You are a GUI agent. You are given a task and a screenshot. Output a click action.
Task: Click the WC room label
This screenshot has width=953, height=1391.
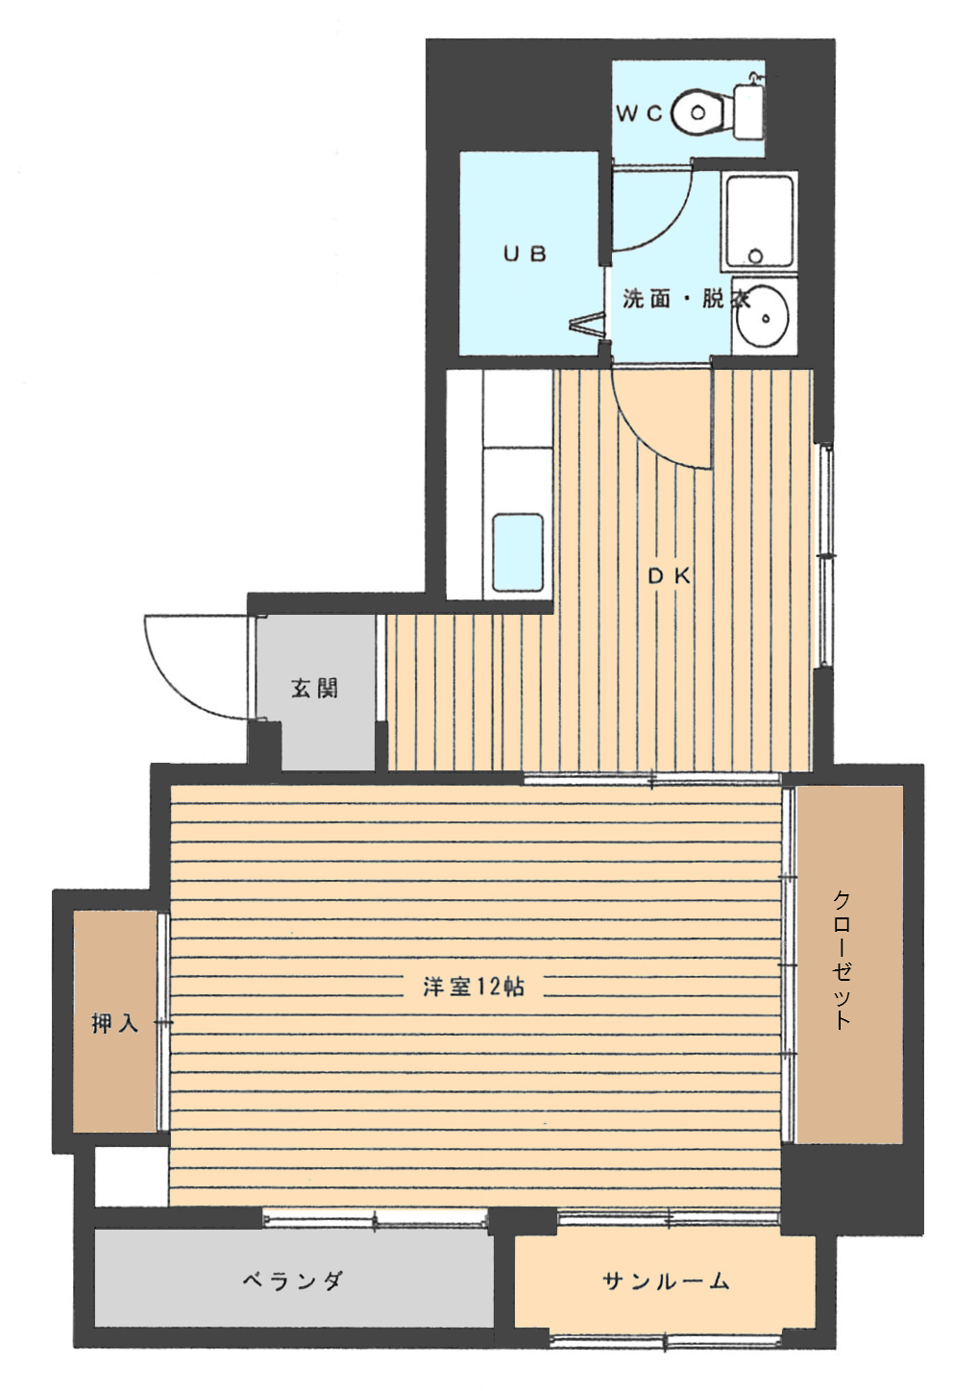[640, 114]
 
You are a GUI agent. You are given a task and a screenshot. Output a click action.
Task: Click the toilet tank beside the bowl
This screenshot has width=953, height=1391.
[747, 112]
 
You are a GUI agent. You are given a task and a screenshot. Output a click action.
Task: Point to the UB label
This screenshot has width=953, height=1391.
[525, 254]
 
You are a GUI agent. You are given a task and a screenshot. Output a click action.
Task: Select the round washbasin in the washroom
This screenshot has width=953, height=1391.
[763, 317]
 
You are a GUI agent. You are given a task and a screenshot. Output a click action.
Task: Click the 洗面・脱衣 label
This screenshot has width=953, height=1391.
[685, 300]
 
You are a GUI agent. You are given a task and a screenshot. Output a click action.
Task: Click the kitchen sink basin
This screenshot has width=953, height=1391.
[517, 552]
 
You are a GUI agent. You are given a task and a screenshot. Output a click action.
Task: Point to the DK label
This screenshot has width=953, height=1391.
[670, 575]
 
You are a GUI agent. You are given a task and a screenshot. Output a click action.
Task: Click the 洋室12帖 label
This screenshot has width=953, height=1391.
[474, 987]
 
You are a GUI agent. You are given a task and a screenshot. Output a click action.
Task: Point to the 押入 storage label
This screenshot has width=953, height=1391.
[115, 1023]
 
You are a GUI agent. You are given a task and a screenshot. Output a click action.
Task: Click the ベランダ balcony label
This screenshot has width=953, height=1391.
[292, 1280]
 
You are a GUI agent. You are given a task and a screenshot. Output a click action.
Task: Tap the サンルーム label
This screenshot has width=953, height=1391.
[666, 1280]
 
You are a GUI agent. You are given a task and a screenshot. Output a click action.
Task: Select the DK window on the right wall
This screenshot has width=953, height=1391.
[824, 555]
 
